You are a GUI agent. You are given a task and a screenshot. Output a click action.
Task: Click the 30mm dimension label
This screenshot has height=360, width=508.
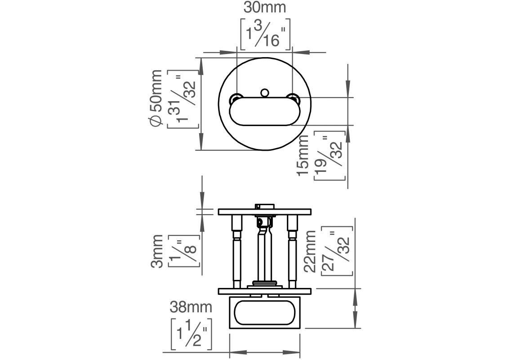265,8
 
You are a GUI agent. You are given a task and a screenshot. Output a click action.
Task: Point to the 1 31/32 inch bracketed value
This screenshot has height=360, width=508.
183,99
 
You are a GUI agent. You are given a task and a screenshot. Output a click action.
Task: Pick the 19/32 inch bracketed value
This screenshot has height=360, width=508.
330,156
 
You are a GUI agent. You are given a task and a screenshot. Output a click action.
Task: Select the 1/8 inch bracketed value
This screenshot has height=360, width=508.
183,251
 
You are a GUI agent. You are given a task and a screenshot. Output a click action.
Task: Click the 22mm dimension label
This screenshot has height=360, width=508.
310,251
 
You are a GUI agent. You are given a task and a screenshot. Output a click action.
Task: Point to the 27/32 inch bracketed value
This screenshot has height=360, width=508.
337,251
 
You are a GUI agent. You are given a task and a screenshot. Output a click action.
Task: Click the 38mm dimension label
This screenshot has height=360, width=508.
191,308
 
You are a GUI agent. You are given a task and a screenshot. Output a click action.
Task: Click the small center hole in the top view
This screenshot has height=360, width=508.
265,92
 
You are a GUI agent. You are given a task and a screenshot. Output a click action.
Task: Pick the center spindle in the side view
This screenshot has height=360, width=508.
264,252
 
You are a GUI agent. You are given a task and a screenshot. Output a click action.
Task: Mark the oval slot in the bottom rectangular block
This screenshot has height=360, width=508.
264,313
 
